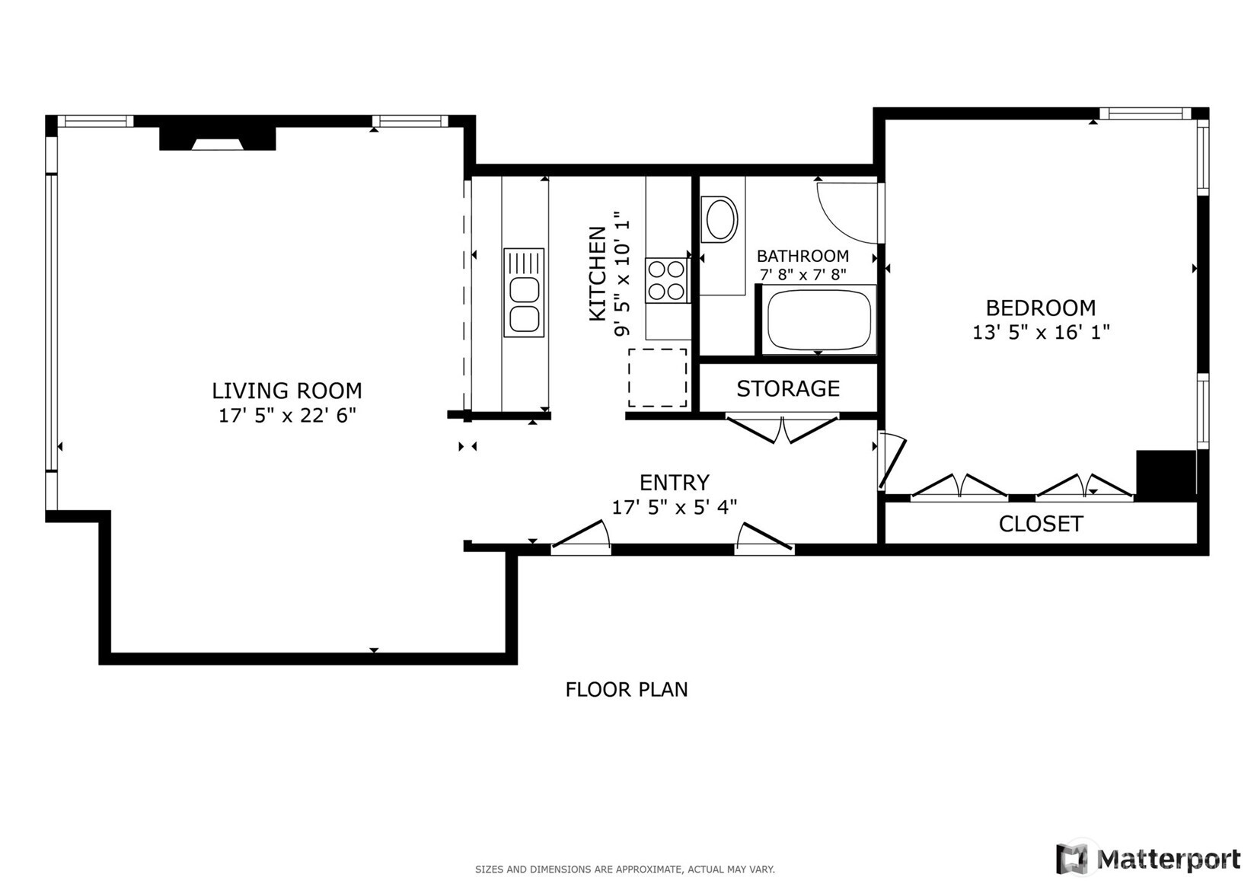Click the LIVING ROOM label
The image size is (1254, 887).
point(286,391)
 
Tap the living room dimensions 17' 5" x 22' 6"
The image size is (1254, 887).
point(287,416)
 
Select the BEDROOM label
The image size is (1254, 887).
point(1040,308)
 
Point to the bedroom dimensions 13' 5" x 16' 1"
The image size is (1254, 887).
point(1040,333)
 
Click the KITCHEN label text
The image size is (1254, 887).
point(598,273)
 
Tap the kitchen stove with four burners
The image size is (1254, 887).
point(666,280)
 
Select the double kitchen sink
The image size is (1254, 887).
point(524,292)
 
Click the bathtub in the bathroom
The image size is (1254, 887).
point(818,319)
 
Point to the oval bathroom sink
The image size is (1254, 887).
point(721,219)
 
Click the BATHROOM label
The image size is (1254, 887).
point(802,256)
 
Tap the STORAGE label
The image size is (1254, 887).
point(787,388)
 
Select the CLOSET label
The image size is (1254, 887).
point(1040,524)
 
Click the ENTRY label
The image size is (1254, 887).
point(674,483)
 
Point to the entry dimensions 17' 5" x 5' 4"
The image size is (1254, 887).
point(674,507)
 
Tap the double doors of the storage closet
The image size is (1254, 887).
point(783,430)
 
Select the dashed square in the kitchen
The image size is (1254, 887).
point(657,378)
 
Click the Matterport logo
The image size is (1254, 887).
point(1149,859)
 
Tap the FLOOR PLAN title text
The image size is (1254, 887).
point(626,690)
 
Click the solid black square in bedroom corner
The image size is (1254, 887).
point(1166,475)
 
